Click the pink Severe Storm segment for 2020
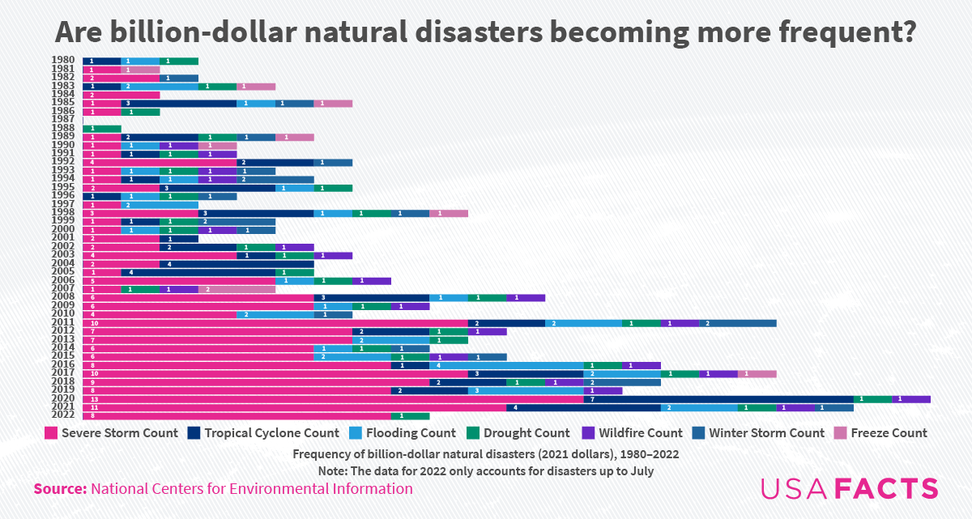pos(333,398)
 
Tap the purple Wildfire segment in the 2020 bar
pos(911,398)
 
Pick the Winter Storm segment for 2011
pos(738,322)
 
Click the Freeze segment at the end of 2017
pos(757,373)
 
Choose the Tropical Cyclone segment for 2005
pos(198,272)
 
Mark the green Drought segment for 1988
pos(102,128)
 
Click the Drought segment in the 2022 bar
pos(410,415)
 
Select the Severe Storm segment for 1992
pos(160,162)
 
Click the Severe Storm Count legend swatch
pos(51,433)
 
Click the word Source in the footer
pos(60,488)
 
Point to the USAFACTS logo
pos(849,488)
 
